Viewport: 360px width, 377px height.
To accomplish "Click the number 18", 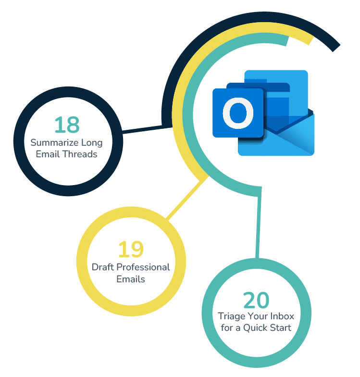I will (x=66, y=125).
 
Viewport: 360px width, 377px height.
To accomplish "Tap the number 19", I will (x=131, y=249).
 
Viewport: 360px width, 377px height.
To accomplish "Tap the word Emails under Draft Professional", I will (x=131, y=279).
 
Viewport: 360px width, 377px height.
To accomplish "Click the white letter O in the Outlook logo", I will (x=238, y=113).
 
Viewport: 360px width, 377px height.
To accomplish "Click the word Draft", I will (x=103, y=267).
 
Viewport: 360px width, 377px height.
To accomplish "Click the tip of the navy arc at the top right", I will (x=335, y=47).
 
